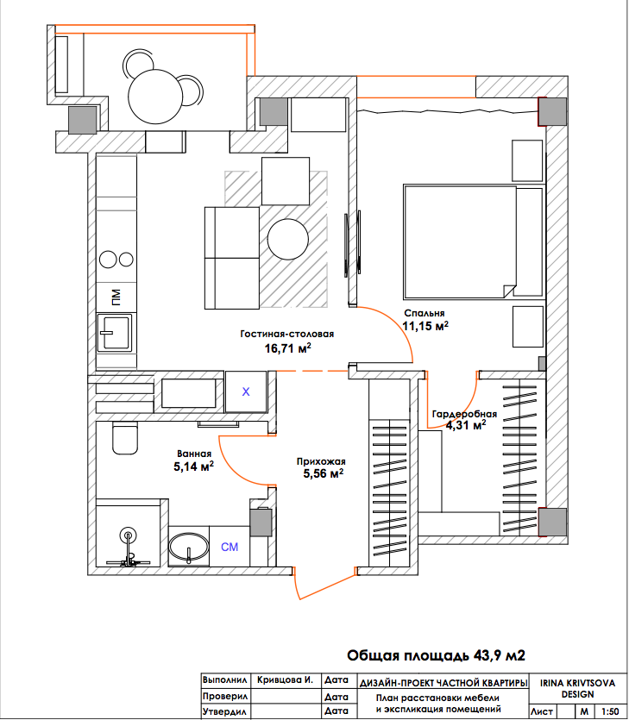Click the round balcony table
[155, 97]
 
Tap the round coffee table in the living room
[287, 239]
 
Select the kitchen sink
[115, 333]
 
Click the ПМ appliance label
[116, 297]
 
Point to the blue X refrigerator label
[246, 391]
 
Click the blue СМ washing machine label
[230, 547]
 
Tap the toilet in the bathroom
[125, 438]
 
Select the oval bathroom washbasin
[188, 547]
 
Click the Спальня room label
[425, 313]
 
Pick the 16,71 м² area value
[287, 348]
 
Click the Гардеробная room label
[464, 414]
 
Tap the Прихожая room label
[321, 461]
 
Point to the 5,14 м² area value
[193, 466]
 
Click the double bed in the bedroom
[474, 242]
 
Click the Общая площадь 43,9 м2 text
[436, 655]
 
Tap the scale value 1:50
[610, 711]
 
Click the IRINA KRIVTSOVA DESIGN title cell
[577, 688]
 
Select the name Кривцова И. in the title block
[285, 679]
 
